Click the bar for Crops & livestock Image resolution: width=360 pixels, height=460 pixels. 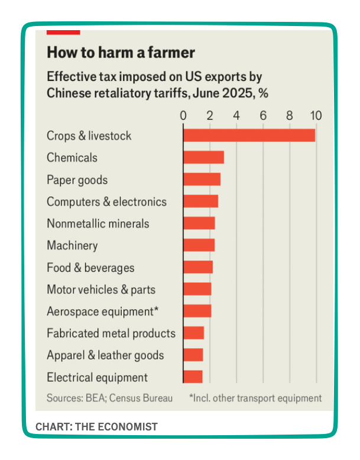pos(249,135)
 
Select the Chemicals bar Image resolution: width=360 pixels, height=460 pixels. pos(203,157)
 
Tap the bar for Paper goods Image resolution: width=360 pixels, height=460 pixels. pos(202,180)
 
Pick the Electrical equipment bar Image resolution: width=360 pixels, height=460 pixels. pos(193,377)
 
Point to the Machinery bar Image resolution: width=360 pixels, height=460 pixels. pos(199,245)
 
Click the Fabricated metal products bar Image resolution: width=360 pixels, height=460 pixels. pos(193,333)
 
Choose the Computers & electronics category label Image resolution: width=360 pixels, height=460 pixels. pos(106,202)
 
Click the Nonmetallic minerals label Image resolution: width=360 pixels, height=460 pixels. pos(98,223)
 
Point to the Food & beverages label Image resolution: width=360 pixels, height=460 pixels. pos(90,268)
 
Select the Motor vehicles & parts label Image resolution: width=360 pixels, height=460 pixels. pos(101,290)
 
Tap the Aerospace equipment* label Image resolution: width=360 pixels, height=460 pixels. pos(103,312)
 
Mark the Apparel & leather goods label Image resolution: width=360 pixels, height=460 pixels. pos(105,355)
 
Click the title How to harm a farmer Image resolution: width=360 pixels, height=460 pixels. pos(121,53)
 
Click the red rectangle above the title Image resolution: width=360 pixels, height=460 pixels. pos(63,31)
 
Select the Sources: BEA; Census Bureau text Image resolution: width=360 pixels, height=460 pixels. pos(109,398)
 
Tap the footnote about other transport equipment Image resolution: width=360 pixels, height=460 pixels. pos(255,398)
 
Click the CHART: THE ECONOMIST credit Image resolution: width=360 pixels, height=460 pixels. pos(96,426)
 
